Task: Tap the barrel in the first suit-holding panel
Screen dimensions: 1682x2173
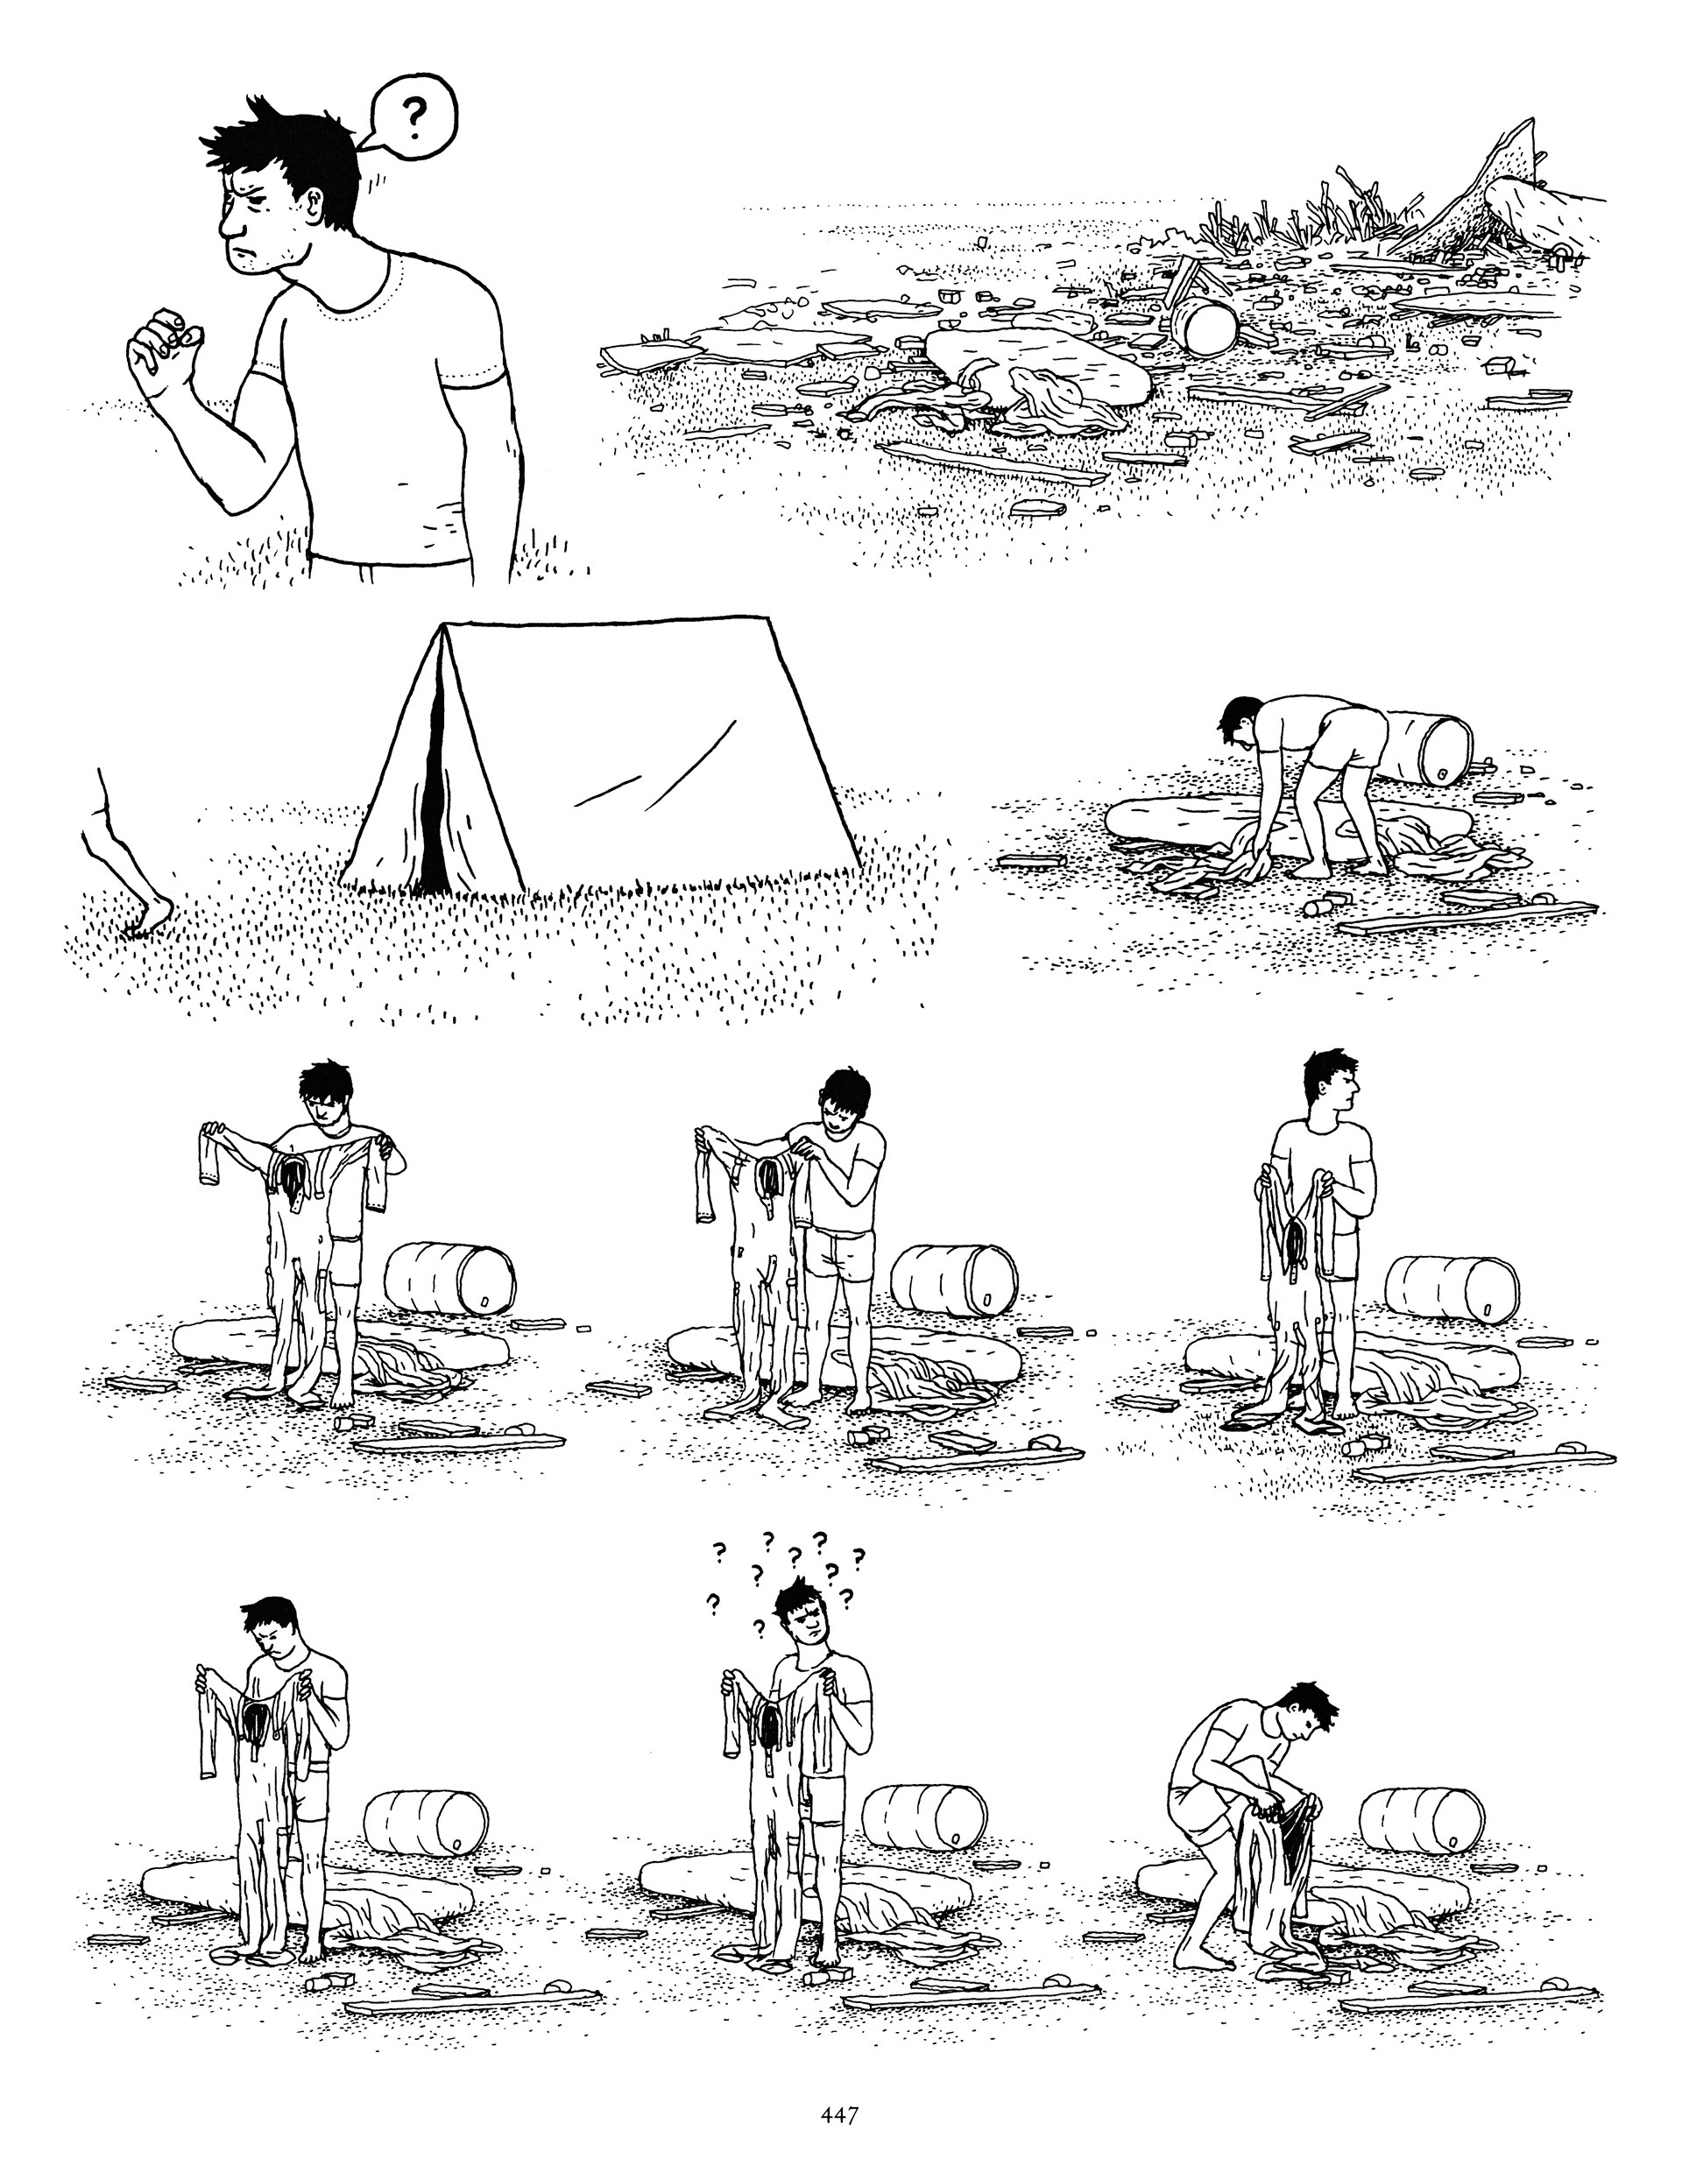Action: (x=450, y=1275)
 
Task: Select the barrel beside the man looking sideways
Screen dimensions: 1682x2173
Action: (x=1450, y=1290)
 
